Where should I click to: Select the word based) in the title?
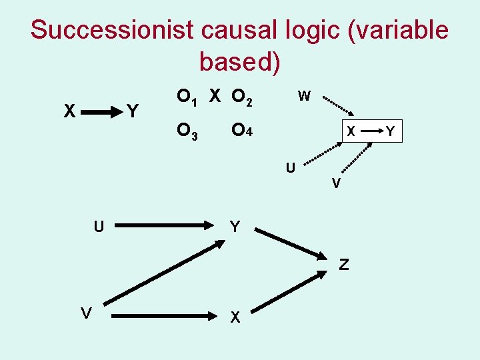pos(239,61)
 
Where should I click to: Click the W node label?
pos(304,96)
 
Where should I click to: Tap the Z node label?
pos(343,265)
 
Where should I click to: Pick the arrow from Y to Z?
pos(288,244)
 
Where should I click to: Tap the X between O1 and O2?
pos(215,97)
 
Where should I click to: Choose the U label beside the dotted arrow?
pos(291,167)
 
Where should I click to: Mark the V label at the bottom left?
pos(86,313)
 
